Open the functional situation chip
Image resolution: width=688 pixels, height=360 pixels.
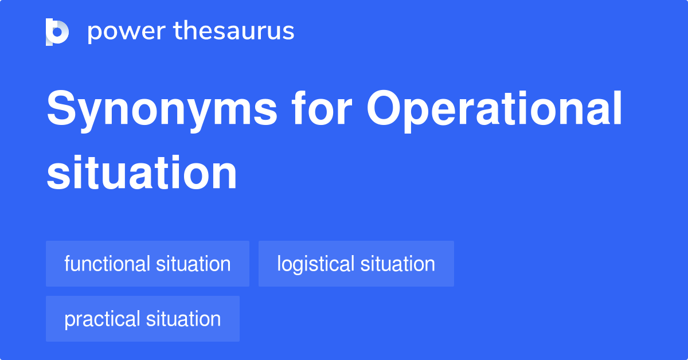point(147,264)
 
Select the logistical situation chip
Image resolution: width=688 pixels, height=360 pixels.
point(356,264)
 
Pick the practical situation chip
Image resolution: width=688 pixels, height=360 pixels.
point(143,319)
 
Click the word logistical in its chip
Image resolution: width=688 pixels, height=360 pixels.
point(315,264)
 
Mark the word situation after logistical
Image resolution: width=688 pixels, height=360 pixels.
point(397,264)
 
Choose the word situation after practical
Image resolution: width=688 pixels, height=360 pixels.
point(183,319)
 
